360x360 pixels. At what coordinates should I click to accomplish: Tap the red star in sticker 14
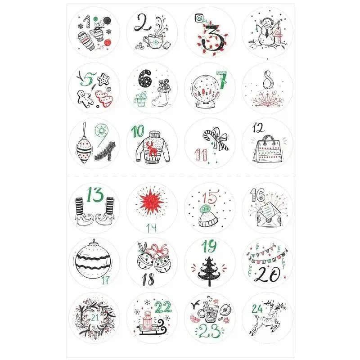(152, 204)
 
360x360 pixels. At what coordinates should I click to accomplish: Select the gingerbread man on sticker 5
(83, 98)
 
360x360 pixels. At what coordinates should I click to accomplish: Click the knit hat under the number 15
(209, 217)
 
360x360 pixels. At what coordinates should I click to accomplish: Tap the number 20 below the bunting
(269, 275)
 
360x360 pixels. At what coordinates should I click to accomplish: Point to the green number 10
(139, 132)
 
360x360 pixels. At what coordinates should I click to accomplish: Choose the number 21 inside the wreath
(94, 318)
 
